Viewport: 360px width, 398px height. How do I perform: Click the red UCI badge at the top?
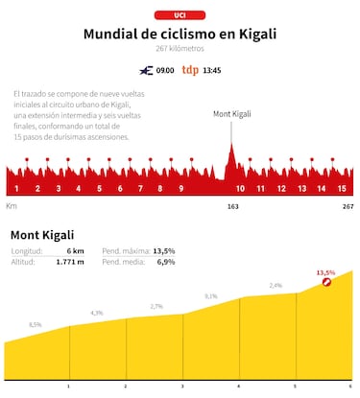coord(180,15)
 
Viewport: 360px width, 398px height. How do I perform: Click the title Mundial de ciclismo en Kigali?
coord(180,34)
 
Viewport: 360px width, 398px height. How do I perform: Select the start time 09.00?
coord(165,70)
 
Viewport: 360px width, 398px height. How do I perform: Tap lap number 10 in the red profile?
coord(241,189)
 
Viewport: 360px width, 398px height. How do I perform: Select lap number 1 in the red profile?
coord(17,189)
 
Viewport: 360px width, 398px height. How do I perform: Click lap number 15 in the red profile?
coord(342,189)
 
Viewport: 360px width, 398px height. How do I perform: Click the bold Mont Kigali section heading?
coord(41,235)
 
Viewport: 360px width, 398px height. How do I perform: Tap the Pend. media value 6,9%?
coord(164,262)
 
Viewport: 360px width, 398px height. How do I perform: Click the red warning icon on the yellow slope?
coord(327,283)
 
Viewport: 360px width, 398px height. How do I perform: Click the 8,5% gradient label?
coord(36,325)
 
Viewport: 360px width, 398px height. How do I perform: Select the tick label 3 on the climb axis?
coord(182,386)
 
